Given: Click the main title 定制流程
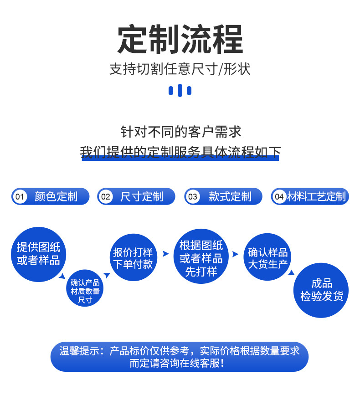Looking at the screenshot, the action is (180, 40).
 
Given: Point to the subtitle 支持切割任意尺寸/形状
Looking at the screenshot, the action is (180, 69).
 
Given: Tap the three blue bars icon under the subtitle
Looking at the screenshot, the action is (180, 90).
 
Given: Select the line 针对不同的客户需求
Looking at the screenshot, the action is (180, 132).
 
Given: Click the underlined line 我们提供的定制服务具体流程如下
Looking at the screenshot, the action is (180, 152).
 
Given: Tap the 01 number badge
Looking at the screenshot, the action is (19, 197).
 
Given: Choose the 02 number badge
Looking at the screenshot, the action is (106, 197).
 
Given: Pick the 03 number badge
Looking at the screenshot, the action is (193, 197).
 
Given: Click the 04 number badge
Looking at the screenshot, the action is (279, 197).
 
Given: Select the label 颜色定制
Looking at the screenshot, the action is (56, 197).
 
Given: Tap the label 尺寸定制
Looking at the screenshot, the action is (142, 197).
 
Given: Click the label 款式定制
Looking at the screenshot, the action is (230, 197).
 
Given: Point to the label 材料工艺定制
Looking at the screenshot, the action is (316, 197).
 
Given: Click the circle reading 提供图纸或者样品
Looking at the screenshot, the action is (38, 254).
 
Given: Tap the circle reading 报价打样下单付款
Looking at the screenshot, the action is (133, 258).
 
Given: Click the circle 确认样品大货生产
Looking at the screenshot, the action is (268, 258).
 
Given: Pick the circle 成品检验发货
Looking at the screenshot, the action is (322, 290).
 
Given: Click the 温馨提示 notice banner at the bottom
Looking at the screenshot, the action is (180, 357).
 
